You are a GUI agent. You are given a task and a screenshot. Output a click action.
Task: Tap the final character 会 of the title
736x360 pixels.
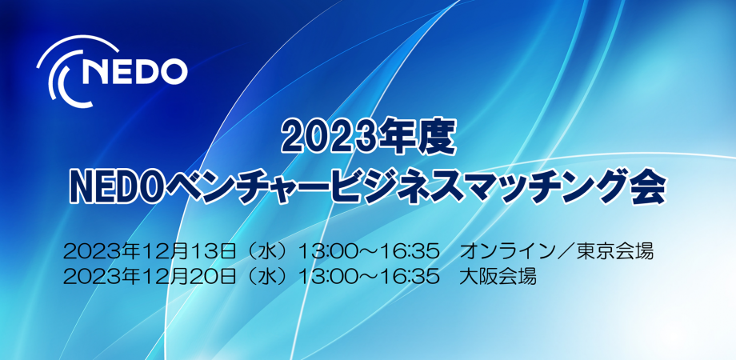point(650,188)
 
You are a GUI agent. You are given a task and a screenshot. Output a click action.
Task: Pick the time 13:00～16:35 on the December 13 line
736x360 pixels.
point(369,252)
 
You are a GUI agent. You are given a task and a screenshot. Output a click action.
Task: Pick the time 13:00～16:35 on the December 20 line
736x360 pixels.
point(369,278)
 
